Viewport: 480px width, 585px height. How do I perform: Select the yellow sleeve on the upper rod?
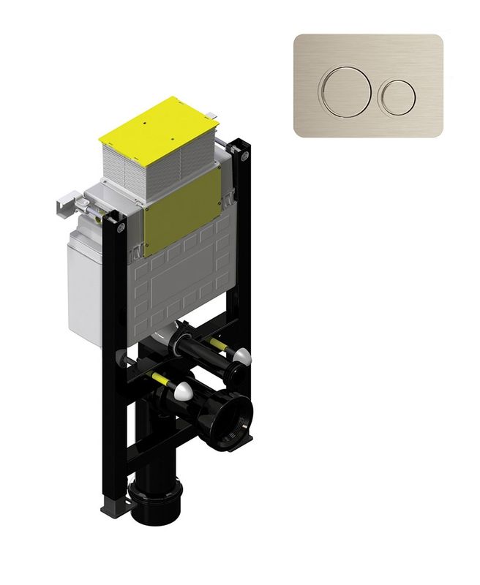click(x=216, y=342)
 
